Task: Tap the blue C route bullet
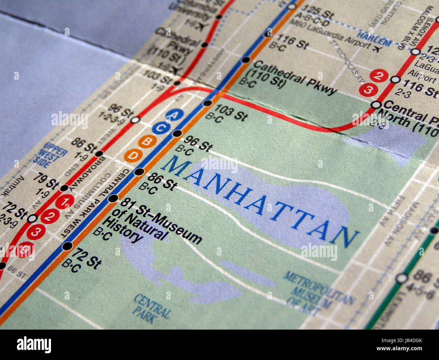[161, 128]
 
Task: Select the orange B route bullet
[147, 142]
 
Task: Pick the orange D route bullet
[133, 155]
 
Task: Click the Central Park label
[151, 308]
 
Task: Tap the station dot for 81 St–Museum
[113, 198]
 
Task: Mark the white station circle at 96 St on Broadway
[135, 120]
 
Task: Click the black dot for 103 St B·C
[208, 103]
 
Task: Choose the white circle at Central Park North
[376, 105]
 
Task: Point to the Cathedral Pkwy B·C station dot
[246, 60]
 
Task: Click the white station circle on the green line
[402, 278]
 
